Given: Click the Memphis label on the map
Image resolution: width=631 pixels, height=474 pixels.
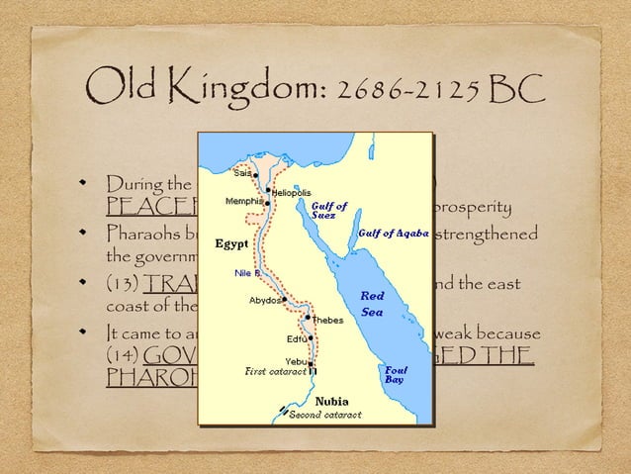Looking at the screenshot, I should tap(244, 201).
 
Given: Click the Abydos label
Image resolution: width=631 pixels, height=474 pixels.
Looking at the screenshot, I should tap(264, 299).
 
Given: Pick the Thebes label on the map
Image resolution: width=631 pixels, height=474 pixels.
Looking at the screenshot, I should tap(328, 320).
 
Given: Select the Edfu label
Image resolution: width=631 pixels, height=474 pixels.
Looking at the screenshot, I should tap(288, 338).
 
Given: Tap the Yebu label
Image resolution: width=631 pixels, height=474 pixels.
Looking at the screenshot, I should tap(293, 360).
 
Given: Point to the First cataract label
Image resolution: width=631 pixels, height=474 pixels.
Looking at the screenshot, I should tap(274, 372).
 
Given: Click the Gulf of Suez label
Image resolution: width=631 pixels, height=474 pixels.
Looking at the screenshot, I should tap(329, 210).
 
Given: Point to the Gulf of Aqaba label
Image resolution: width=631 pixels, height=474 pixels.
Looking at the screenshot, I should tap(393, 234).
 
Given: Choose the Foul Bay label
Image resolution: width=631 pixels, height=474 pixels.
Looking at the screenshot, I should tap(395, 374).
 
